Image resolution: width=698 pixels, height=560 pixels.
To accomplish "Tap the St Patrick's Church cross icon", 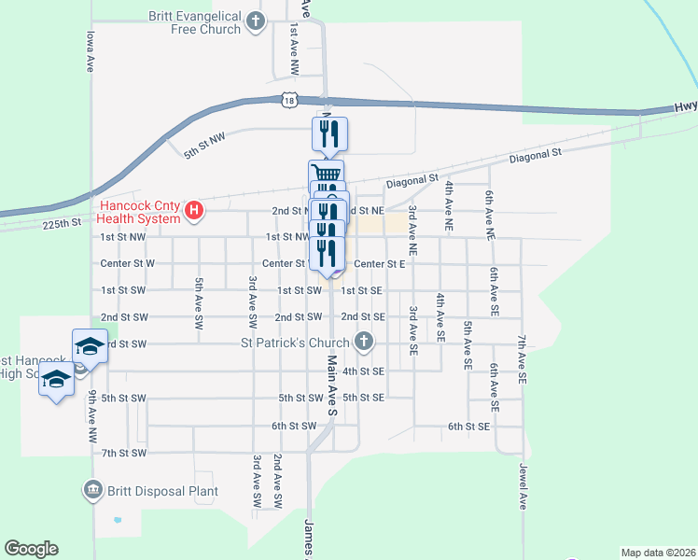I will tap(365, 343).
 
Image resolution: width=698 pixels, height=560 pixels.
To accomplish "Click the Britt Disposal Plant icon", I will tap(92, 490).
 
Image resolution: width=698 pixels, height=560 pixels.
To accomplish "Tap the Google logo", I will tap(31, 549).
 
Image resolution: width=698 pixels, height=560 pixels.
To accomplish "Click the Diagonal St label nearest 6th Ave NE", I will tap(535, 154).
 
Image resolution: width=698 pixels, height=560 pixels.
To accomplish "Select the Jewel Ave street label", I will tap(523, 487).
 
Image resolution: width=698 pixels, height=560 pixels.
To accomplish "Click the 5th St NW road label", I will tap(205, 146).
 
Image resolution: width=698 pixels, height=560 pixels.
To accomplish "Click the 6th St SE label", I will tap(468, 427).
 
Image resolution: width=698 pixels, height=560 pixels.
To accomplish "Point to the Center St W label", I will tap(127, 263).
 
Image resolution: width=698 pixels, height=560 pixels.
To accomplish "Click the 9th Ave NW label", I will tap(93, 415).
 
